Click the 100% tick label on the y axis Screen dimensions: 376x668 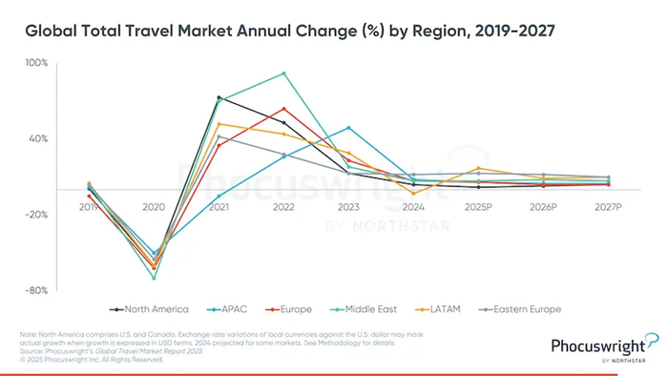click(36, 64)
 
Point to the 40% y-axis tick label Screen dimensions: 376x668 click(38, 138)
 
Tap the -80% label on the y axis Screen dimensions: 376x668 click(37, 290)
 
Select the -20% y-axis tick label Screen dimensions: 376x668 click(37, 215)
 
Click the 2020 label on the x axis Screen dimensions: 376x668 click(154, 207)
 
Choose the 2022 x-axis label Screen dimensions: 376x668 click(283, 207)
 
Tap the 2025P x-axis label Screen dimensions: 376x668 click(478, 207)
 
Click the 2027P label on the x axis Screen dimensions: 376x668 click(608, 207)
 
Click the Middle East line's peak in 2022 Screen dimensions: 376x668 click(283, 73)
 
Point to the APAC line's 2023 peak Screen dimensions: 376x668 click(348, 128)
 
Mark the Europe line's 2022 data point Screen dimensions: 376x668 click(283, 109)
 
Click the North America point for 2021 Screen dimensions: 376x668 click(219, 97)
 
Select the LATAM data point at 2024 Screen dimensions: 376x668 click(413, 194)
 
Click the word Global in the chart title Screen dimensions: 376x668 click(52, 31)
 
